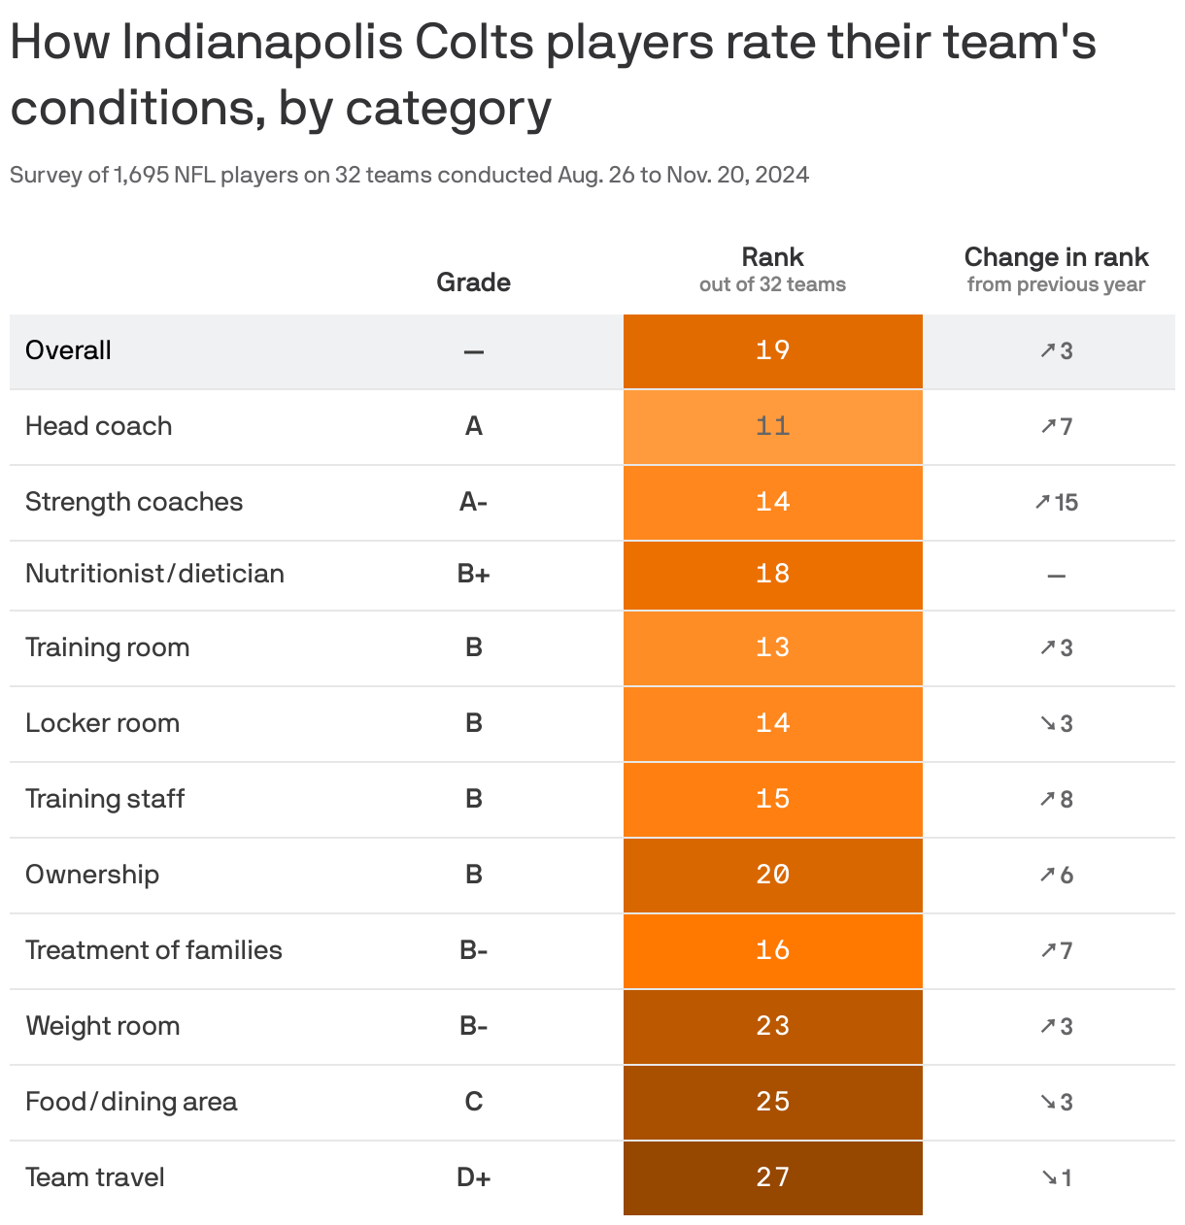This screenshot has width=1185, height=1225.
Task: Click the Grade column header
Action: pyautogui.click(x=473, y=282)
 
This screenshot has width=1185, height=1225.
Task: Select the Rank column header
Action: pyautogui.click(x=772, y=258)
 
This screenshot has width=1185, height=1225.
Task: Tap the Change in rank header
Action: pyautogui.click(x=1056, y=258)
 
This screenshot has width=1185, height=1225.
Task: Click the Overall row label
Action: pyautogui.click(x=68, y=350)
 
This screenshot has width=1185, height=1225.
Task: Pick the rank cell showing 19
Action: pyautogui.click(x=772, y=350)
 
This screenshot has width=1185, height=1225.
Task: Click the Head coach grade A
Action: pyautogui.click(x=473, y=426)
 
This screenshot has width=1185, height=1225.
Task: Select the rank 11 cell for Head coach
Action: pyautogui.click(x=772, y=426)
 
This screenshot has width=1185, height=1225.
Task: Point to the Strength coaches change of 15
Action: pyautogui.click(x=1056, y=502)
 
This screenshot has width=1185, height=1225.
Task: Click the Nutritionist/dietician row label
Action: pyautogui.click(x=154, y=574)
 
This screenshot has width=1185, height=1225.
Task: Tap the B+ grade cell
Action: pyautogui.click(x=473, y=574)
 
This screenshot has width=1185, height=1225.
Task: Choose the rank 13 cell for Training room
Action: pyautogui.click(x=772, y=647)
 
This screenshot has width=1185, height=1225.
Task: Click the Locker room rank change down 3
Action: pyautogui.click(x=1056, y=723)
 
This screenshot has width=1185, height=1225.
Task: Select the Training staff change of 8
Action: pyautogui.click(x=1056, y=799)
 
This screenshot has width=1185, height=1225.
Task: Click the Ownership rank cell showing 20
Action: pyautogui.click(x=772, y=875)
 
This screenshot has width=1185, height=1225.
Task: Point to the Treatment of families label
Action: pyautogui.click(x=153, y=950)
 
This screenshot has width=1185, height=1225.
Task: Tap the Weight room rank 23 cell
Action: pyautogui.click(x=772, y=1026)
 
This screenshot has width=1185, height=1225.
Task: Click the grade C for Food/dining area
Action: pyautogui.click(x=473, y=1102)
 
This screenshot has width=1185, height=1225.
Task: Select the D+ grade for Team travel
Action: pyautogui.click(x=473, y=1177)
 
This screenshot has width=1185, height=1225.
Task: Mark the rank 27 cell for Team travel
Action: pyautogui.click(x=772, y=1177)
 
